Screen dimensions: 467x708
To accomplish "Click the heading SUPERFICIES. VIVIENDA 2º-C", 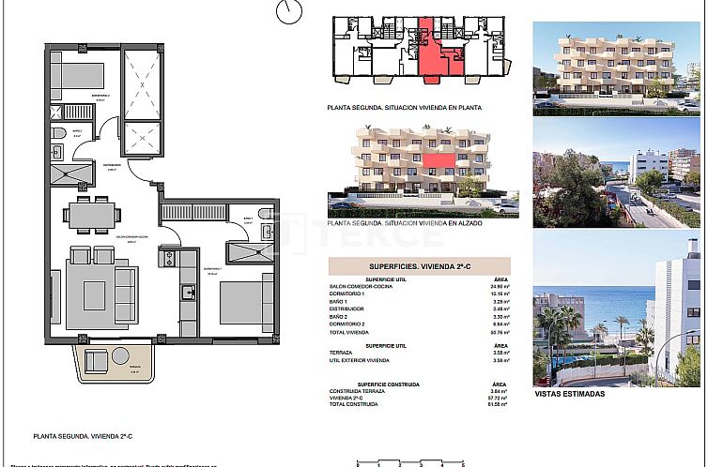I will [x=418, y=265].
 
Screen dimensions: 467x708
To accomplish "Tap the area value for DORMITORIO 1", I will [x=499, y=294].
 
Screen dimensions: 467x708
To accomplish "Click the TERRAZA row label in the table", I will [x=342, y=353].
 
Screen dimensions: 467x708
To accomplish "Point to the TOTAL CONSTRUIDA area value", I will [x=499, y=404].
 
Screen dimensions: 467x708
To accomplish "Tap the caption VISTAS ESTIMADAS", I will [x=569, y=394].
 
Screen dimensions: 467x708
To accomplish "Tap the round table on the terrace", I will [x=121, y=355].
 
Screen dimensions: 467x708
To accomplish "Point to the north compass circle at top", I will [x=290, y=11].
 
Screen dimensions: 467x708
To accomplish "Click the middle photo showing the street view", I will [x=616, y=188].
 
